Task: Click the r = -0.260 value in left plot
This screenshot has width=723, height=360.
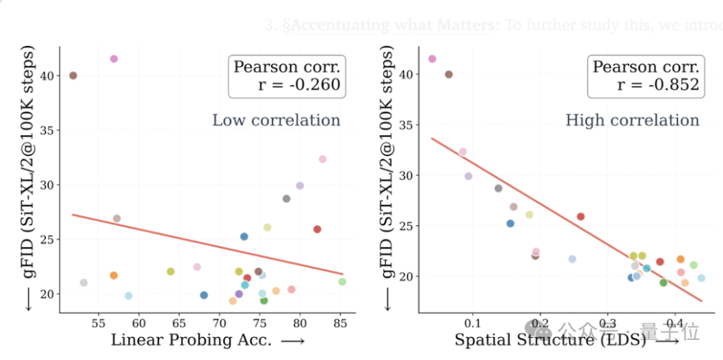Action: [299, 84]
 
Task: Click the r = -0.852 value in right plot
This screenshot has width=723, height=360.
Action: [658, 84]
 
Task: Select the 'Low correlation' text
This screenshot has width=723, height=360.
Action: [276, 120]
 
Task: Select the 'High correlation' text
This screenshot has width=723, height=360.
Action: [632, 120]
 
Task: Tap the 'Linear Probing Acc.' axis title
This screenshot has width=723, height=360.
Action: [191, 340]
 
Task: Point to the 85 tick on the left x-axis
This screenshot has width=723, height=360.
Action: [341, 323]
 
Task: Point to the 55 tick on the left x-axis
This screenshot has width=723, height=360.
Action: [98, 323]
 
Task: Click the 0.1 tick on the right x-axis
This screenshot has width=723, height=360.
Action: [473, 323]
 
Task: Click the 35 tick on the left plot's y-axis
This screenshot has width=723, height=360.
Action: [48, 130]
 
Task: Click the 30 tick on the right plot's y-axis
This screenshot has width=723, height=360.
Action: [407, 175]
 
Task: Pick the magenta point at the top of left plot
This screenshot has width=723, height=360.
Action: [114, 59]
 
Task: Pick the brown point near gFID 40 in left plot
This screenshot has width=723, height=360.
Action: [73, 76]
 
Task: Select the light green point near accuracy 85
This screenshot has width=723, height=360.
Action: [342, 282]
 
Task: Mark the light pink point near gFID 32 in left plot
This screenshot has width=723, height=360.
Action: [322, 159]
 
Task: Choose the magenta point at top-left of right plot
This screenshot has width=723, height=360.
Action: [432, 59]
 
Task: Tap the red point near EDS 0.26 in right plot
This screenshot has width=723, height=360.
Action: [580, 216]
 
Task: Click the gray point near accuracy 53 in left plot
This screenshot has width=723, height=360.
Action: [84, 283]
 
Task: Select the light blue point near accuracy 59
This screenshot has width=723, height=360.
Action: [129, 296]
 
